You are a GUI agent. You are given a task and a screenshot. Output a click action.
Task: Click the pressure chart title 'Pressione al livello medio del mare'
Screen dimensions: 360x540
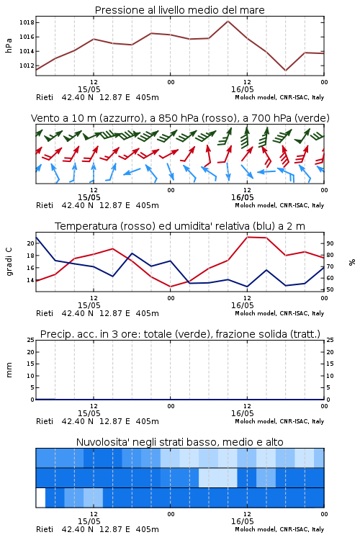coord(179,10)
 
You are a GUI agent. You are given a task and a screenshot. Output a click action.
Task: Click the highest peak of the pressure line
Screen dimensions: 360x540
coord(228,21)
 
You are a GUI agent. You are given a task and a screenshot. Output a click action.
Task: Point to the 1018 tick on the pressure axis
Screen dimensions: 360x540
coord(27,23)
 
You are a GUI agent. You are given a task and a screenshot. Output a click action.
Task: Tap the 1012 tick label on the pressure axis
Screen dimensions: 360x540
coord(27,66)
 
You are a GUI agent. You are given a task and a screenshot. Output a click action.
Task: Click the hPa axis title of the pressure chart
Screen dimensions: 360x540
coord(9,45)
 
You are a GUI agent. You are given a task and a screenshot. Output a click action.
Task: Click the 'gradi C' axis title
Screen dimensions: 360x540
coord(9,262)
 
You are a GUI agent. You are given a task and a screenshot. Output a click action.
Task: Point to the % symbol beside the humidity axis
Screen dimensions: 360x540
coord(352,262)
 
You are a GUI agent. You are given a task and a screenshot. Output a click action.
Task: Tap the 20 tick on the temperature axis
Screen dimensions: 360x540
coord(31,243)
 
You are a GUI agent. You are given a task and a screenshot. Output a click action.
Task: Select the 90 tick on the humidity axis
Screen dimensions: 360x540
coord(330,243)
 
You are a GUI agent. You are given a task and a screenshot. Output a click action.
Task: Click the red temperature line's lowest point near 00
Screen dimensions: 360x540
coord(170,287)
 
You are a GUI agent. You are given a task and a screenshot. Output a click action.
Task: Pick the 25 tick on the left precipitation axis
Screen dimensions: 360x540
coord(31,340)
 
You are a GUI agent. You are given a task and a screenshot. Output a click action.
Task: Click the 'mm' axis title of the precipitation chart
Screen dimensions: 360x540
coord(9,370)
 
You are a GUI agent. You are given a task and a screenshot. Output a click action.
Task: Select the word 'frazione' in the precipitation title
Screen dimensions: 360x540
coord(235,334)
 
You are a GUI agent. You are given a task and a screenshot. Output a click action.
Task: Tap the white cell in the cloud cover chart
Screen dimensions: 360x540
coord(40,498)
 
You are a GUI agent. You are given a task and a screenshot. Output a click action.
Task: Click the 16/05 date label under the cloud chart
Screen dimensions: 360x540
coord(242,521)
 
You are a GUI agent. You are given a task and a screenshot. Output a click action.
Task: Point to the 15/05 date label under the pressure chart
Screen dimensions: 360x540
coord(89,89)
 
